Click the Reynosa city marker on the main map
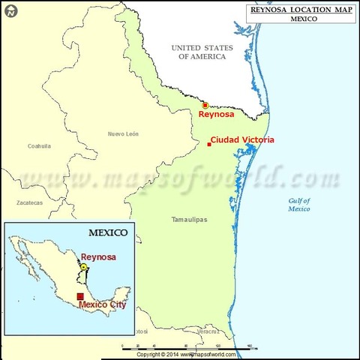pos(205,106)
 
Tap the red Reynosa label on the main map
pos(217,115)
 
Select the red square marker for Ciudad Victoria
pos(208,144)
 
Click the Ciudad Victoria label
pos(242,139)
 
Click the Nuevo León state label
pos(123,133)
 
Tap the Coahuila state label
pos(38,146)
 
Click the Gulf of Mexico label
pos(299,204)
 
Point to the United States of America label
pos(202,52)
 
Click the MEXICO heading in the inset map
pos(109,232)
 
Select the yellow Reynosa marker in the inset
pos(84,266)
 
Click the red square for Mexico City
pos(81,296)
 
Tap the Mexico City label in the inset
pos(102,305)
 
